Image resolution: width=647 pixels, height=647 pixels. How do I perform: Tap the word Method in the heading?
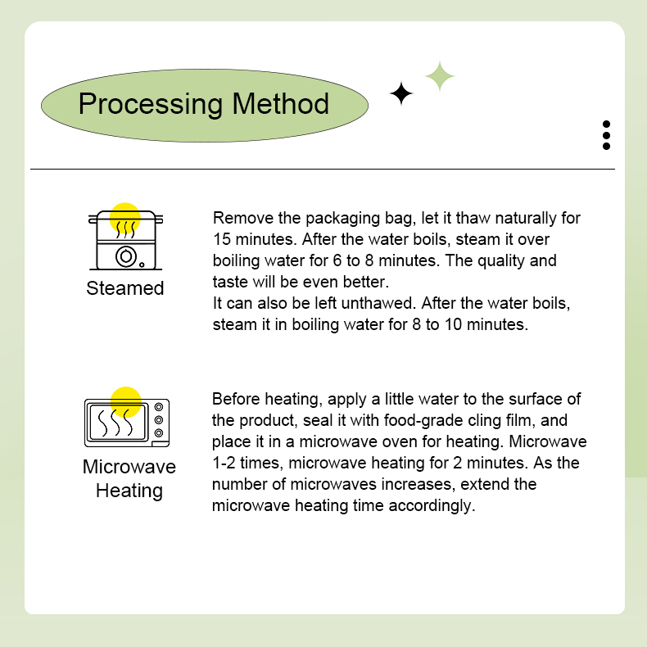[x=281, y=105]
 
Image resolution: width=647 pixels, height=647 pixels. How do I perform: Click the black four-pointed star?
[x=401, y=94]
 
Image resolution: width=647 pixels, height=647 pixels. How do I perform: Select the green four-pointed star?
[x=440, y=76]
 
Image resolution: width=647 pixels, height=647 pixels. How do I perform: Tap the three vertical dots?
[x=606, y=135]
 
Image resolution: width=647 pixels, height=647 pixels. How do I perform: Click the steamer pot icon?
[x=125, y=239]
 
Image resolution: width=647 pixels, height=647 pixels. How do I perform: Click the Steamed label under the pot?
[x=125, y=288]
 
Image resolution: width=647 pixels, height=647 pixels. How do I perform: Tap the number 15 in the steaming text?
[x=222, y=240]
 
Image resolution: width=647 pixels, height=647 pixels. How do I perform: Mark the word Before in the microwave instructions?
[x=237, y=399]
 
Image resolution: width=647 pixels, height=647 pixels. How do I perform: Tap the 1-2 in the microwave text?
[x=224, y=463]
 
